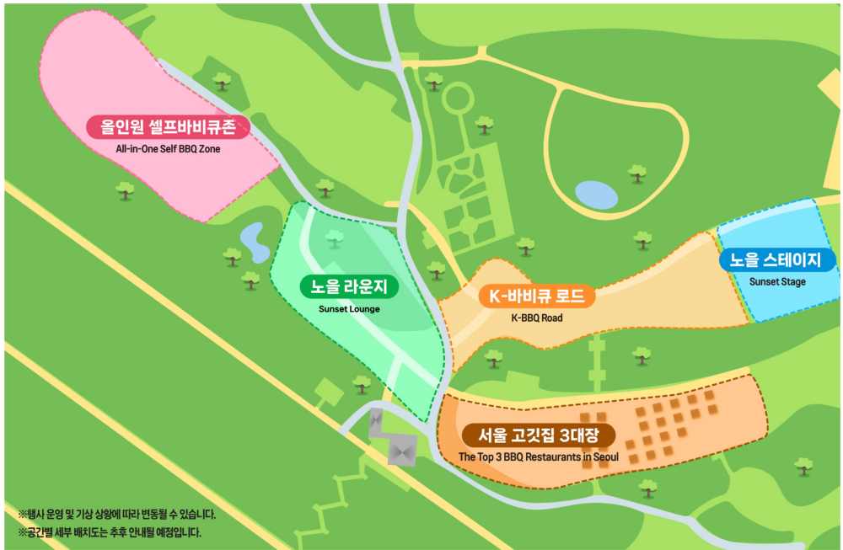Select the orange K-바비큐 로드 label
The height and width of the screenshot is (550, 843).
tap(537, 296)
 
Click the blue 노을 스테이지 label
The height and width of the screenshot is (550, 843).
tap(777, 259)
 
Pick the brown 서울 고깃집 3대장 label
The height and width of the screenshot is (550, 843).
tap(539, 435)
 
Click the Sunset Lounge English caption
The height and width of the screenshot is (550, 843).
tap(349, 308)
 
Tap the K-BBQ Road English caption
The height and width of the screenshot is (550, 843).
tap(537, 318)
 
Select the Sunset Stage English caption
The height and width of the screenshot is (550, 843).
tap(777, 281)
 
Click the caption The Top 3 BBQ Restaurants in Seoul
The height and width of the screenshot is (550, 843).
tap(539, 457)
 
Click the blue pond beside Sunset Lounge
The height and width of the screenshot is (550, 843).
tap(251, 241)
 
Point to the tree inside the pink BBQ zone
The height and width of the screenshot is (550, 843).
tap(223, 81)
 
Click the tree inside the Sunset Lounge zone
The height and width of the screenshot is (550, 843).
tap(335, 238)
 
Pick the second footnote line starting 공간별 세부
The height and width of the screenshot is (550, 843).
tap(110, 532)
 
